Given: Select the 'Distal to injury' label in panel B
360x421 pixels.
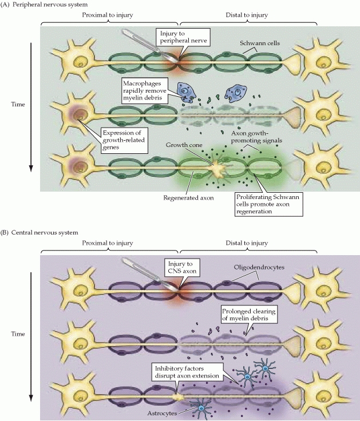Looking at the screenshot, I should (x=248, y=243).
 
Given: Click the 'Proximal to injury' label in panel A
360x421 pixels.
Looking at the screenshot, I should (x=109, y=15).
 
